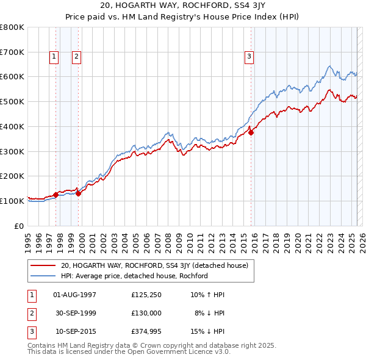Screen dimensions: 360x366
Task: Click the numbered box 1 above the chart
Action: pyautogui.click(x=54, y=57)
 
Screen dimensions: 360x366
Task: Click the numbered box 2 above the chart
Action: pyautogui.click(x=77, y=57)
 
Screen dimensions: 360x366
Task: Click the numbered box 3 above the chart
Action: pyautogui.click(x=249, y=57)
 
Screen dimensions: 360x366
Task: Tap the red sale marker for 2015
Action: pyautogui.click(x=251, y=132)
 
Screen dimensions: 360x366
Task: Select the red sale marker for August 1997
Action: pyautogui.click(x=56, y=195)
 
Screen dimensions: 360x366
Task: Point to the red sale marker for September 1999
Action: pyautogui.click(x=78, y=193)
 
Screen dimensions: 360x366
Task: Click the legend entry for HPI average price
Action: pyautogui.click(x=134, y=276)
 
